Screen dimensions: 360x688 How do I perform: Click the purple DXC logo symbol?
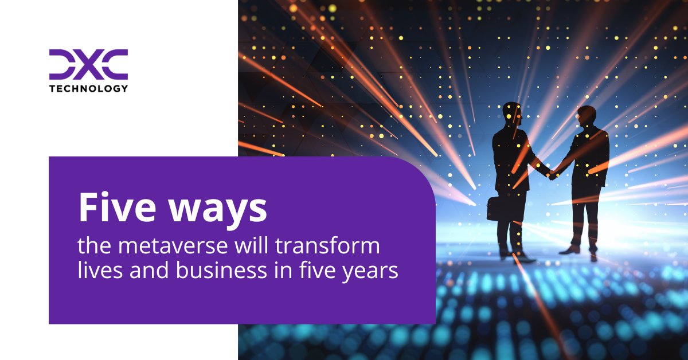[x=88, y=64]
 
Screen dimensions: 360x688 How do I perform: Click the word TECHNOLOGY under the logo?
[x=88, y=88]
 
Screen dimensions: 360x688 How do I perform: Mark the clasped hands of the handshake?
[x=552, y=174]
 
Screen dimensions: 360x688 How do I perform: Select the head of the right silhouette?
[x=586, y=116]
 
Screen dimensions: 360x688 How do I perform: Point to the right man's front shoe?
[x=570, y=249]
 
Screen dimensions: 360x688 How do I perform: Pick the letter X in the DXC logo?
[x=88, y=64]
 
